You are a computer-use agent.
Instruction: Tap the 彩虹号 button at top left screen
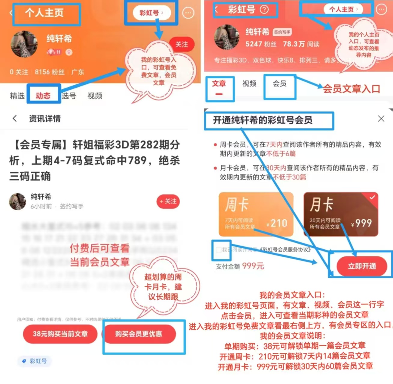point(151,13)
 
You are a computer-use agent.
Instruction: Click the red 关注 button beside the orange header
point(181,45)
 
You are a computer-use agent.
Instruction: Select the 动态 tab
point(43,96)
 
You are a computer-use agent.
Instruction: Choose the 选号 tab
point(69,96)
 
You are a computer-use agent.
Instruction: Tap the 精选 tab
point(17,96)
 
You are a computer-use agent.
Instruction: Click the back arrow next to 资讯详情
point(15,118)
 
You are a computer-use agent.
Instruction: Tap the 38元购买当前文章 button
point(60,334)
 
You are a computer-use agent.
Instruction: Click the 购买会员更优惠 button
point(139,334)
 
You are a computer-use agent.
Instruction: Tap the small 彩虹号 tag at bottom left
point(35,361)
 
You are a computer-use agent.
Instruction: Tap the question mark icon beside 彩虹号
point(264,10)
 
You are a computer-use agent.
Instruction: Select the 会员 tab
point(279,84)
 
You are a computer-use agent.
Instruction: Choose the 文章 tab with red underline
point(219,84)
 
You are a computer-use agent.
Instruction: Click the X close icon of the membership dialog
point(381,118)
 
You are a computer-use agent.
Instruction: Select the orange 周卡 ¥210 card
point(256,214)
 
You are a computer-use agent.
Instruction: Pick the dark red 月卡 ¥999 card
point(341,214)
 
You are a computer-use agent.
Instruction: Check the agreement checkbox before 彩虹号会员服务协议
point(219,250)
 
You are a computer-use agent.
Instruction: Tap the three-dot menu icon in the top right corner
point(382,10)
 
